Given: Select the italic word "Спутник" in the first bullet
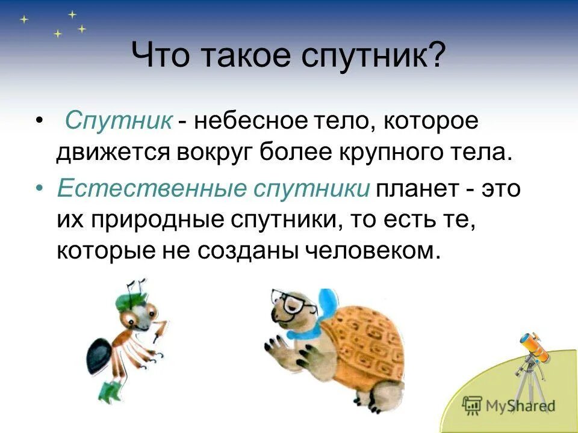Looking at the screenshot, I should pos(119,120).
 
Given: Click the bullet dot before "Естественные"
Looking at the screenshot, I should pos(39,189).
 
